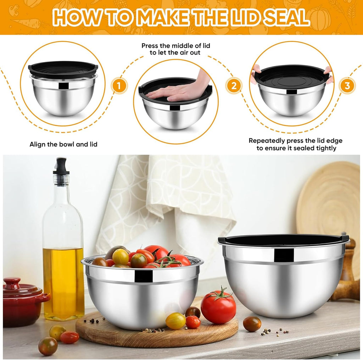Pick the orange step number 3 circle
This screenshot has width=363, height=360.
click(x=347, y=85)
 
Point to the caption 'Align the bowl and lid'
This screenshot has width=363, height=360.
click(x=63, y=144)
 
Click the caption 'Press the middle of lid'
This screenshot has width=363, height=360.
click(x=171, y=46)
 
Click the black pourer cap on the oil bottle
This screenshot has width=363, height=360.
click(x=61, y=166)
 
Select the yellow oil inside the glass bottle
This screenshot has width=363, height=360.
click(x=63, y=280)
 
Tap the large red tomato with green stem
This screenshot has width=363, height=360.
click(x=218, y=307)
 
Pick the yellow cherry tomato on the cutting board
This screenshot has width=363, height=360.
click(x=175, y=321)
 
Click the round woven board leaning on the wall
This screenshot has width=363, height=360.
click(x=330, y=198)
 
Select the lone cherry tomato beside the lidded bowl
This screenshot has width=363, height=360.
click(x=252, y=324)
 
